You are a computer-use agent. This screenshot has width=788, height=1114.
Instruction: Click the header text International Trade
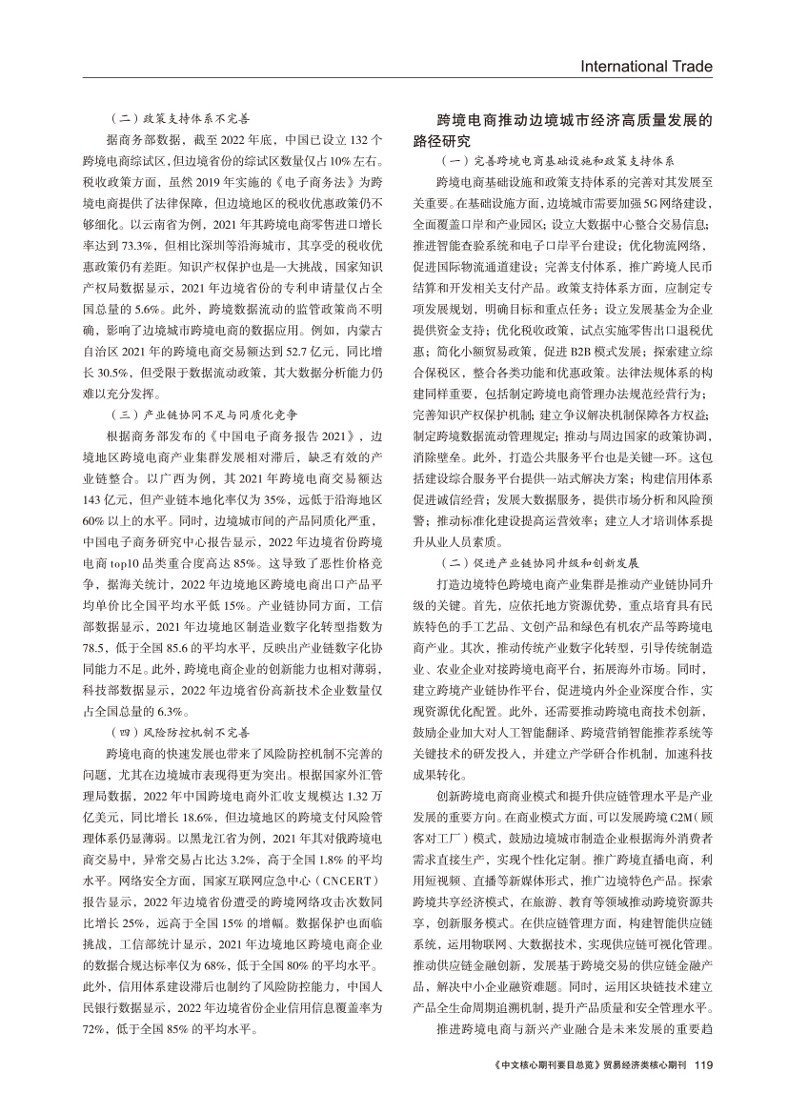[x=645, y=67]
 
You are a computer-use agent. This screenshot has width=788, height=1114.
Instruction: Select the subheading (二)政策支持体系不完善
[x=179, y=120]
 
